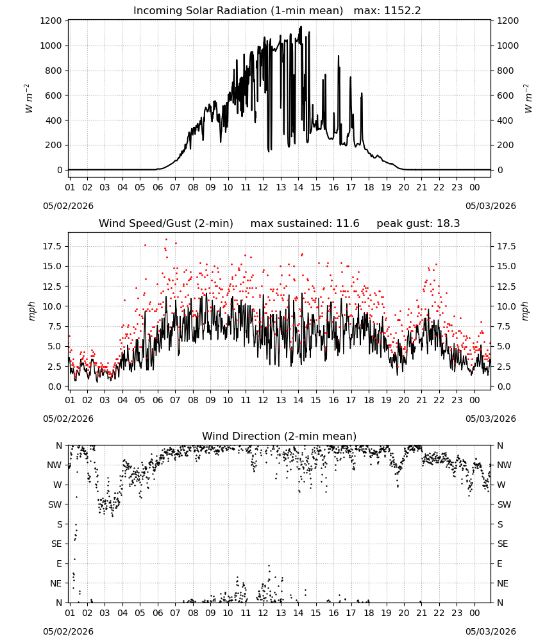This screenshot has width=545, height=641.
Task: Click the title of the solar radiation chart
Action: [x=238, y=11]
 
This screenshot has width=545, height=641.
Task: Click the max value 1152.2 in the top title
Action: [x=402, y=11]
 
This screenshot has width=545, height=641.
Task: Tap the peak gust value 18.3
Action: [x=448, y=223]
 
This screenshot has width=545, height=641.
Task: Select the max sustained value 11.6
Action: [x=348, y=223]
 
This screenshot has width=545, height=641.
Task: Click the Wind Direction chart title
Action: [x=280, y=436]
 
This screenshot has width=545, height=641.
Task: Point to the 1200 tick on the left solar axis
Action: [x=51, y=21]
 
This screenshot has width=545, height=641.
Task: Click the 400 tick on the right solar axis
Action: [x=505, y=121]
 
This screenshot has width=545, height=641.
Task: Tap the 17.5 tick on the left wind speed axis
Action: [x=53, y=247]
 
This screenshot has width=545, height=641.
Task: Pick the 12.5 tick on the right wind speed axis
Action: [x=507, y=287]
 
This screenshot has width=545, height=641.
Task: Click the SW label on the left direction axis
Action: [x=55, y=505]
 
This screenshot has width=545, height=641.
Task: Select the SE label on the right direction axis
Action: [x=503, y=544]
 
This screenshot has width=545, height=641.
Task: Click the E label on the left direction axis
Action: [x=59, y=563]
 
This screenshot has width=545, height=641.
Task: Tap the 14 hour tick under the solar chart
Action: [x=298, y=188]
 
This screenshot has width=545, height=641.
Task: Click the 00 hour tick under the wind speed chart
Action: [x=474, y=400]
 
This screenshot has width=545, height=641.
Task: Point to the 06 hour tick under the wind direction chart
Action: [x=158, y=613]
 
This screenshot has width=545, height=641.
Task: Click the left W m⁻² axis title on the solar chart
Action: [x=28, y=99]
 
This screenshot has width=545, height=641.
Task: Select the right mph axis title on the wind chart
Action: [x=525, y=311]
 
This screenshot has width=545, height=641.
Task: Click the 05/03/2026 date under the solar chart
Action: [x=491, y=206]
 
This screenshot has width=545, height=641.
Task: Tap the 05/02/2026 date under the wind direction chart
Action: [x=68, y=631]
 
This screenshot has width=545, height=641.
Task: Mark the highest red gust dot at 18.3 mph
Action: [x=167, y=240]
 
